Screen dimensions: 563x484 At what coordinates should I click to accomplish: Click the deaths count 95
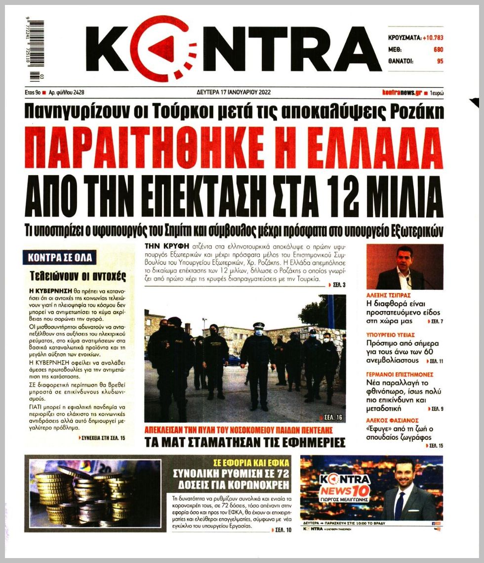(440, 61)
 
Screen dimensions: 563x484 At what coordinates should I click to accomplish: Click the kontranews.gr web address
(402, 92)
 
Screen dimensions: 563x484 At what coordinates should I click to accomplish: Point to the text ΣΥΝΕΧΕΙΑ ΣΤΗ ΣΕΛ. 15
(104, 438)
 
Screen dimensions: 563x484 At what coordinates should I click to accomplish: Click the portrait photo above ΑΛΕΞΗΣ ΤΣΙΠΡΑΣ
(404, 267)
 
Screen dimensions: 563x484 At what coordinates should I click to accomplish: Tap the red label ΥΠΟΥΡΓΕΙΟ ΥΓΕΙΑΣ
(390, 335)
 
